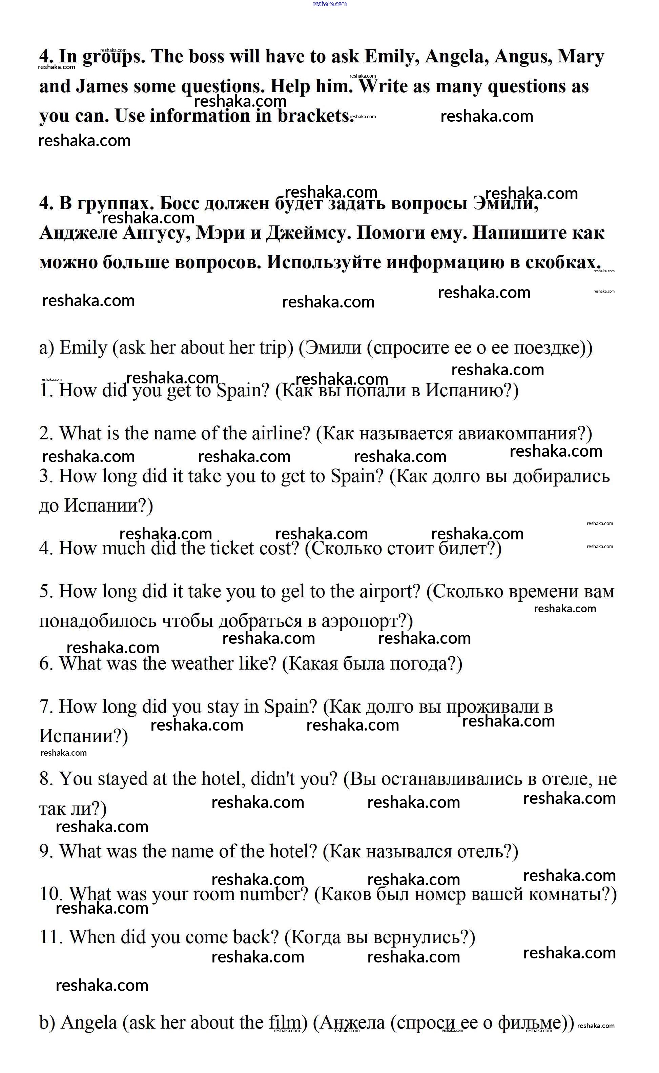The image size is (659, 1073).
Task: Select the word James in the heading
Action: pyautogui.click(x=102, y=86)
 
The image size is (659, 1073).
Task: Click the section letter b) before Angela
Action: pyautogui.click(x=47, y=1023)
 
